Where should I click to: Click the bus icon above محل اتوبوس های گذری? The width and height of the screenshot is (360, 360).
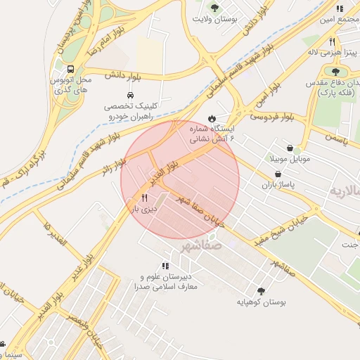click(x=70, y=69)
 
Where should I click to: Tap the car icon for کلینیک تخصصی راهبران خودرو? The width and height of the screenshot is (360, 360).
click(x=130, y=95)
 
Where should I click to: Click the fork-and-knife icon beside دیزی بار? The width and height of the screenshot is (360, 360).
click(x=145, y=199)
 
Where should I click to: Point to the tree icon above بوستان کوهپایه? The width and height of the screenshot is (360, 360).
click(x=261, y=290)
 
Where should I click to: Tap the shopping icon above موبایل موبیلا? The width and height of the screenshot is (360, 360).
click(x=298, y=150)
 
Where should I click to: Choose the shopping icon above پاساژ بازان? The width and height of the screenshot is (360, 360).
click(x=278, y=174)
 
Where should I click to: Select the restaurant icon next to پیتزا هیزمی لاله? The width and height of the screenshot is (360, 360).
click(x=333, y=41)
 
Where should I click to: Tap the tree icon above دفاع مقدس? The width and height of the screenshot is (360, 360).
click(x=335, y=71)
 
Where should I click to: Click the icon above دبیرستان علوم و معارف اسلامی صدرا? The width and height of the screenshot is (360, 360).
click(x=165, y=266)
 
